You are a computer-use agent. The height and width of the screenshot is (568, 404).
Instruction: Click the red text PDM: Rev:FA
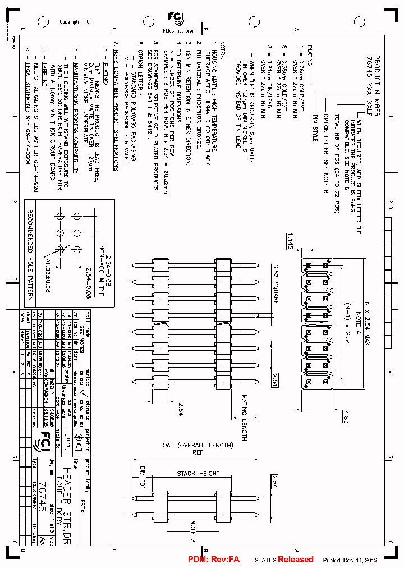[x=213, y=560]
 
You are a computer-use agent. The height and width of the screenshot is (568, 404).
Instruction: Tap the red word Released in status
[x=296, y=559]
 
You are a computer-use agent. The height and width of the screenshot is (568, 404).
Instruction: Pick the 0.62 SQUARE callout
[x=276, y=284]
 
